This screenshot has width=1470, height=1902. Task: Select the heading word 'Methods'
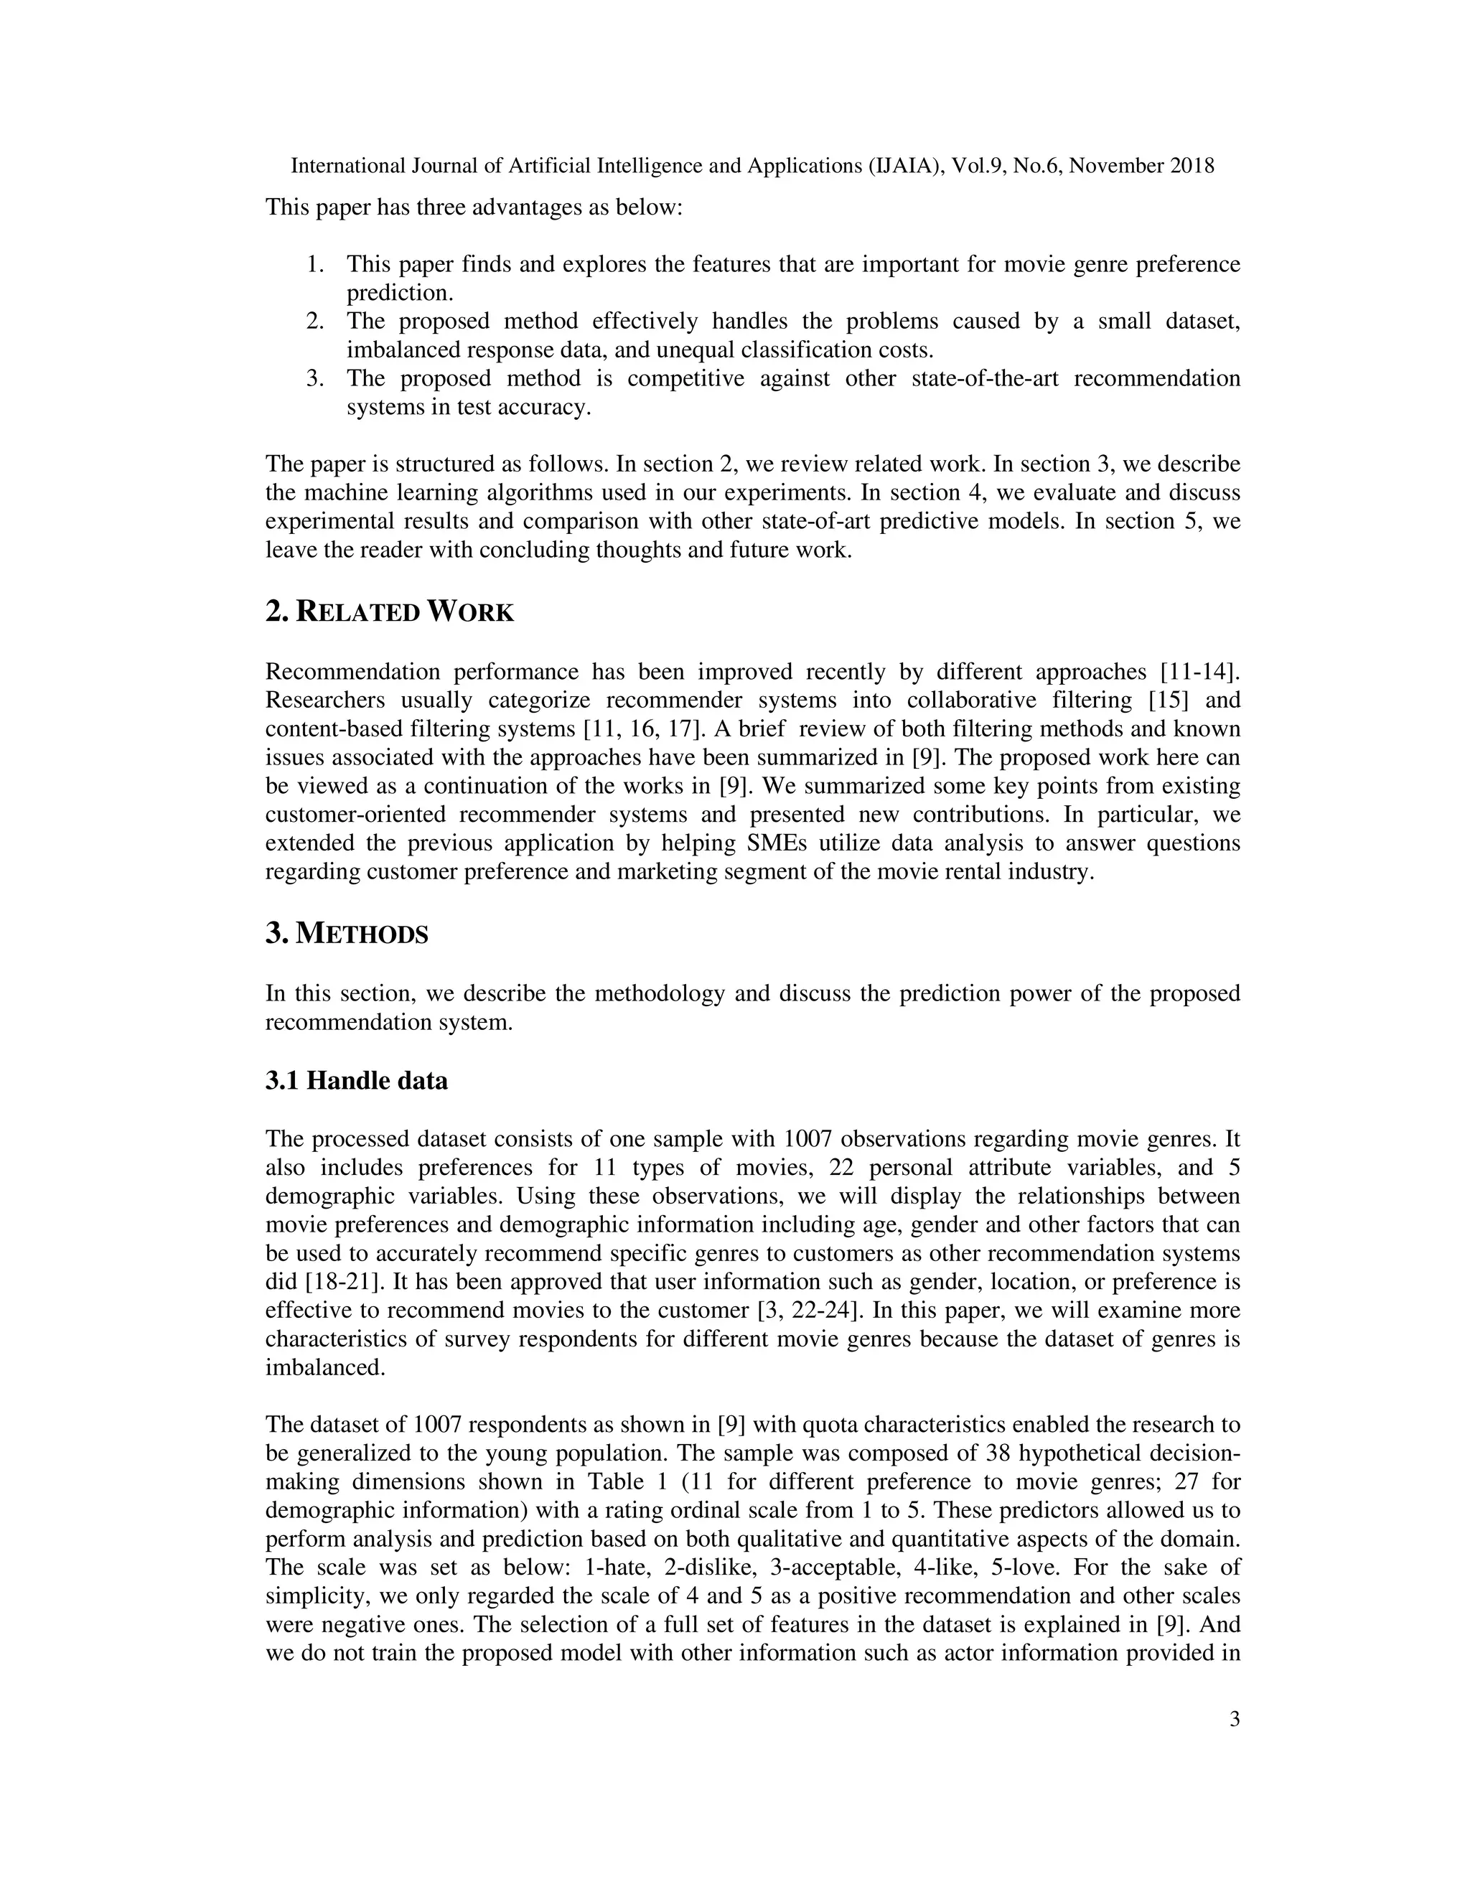[362, 934]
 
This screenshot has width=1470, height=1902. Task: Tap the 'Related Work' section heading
[389, 612]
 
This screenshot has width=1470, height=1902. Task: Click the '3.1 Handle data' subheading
[356, 1081]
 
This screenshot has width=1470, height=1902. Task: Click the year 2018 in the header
[1192, 166]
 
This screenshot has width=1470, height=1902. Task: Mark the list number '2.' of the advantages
[315, 322]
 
